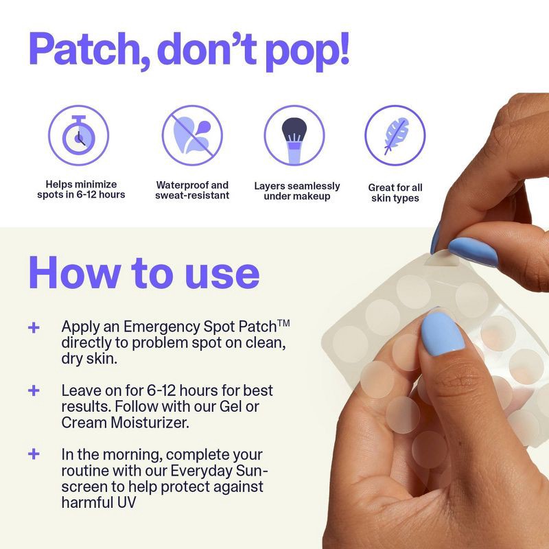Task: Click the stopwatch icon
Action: point(78,135)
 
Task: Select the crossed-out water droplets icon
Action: point(192,135)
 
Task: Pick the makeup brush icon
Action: point(294,135)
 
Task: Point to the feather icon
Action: point(395,135)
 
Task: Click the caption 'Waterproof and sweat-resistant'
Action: point(192,190)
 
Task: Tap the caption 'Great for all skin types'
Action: point(395,192)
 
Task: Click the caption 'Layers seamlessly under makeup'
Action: point(296,191)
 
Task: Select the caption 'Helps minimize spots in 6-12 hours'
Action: point(81,189)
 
